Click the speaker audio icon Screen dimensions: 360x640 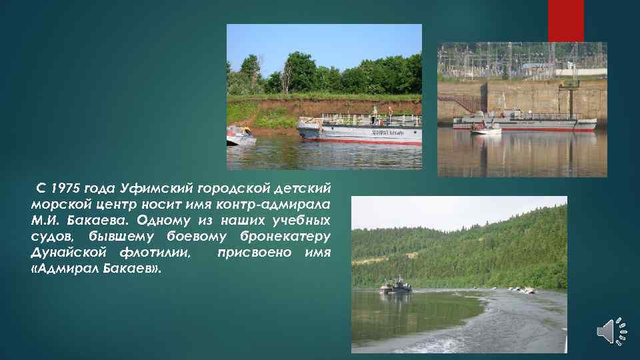point(612,331)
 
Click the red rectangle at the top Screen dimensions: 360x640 point(565,20)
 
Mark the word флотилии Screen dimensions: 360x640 point(155,253)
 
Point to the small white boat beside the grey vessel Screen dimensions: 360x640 point(485,130)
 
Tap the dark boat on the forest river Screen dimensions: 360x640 point(396,286)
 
